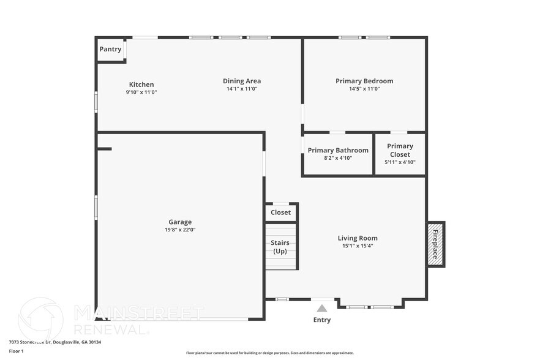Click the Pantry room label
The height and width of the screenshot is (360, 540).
(x=111, y=49)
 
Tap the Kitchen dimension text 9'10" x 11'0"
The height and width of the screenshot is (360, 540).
(x=141, y=92)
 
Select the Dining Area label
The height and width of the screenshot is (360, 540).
(x=242, y=81)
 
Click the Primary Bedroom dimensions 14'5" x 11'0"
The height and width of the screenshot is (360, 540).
(x=364, y=89)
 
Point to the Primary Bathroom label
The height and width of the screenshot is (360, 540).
(x=338, y=150)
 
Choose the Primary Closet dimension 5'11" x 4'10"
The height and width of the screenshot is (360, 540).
(x=400, y=162)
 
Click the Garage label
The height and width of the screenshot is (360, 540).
(x=180, y=222)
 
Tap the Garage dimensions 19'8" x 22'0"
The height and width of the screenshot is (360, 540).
(x=180, y=230)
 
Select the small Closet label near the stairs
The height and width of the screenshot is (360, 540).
(x=281, y=212)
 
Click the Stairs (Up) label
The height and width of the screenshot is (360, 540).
(x=280, y=247)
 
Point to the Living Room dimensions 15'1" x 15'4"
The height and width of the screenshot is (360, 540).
(x=358, y=246)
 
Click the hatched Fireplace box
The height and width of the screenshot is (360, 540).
(x=435, y=244)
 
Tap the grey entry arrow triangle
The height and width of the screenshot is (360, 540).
(x=322, y=309)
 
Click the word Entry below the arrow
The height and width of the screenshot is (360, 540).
(x=322, y=320)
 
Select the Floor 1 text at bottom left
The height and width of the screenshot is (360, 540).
(x=16, y=351)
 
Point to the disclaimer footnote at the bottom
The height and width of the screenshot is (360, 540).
(x=269, y=353)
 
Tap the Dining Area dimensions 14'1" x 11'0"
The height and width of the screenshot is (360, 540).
(x=242, y=89)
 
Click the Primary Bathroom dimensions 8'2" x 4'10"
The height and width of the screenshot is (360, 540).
(x=338, y=158)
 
